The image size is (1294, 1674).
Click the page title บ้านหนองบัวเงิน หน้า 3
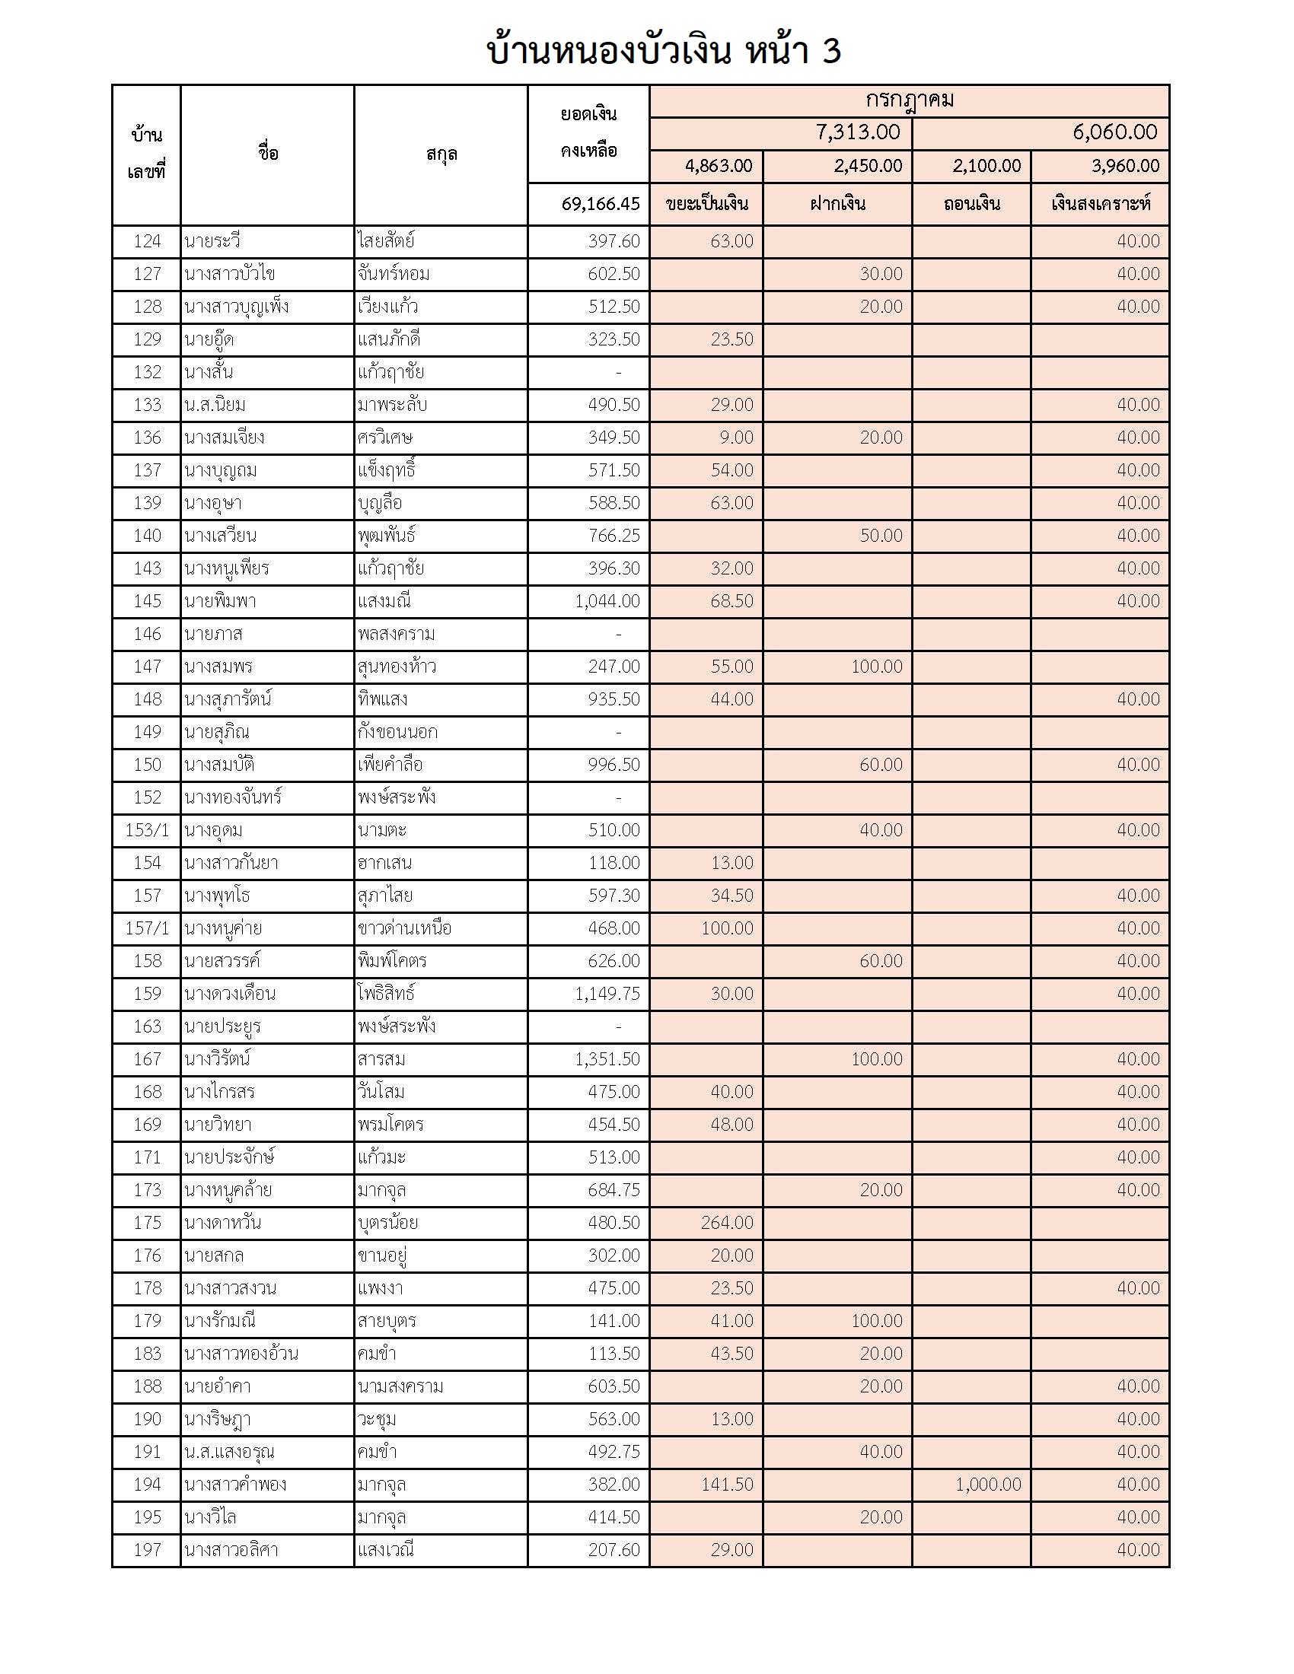(664, 51)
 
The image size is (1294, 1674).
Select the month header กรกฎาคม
(909, 100)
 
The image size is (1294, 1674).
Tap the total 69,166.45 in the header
(601, 204)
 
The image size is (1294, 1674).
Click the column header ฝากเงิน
(837, 204)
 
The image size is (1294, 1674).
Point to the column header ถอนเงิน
(971, 204)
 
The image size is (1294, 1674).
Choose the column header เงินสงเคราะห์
(1100, 204)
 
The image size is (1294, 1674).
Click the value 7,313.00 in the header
(858, 132)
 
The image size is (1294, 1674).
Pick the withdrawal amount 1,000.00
(988, 1485)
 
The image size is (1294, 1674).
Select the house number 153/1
(146, 830)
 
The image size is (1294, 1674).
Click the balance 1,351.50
(607, 1059)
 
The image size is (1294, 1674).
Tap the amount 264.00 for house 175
(727, 1223)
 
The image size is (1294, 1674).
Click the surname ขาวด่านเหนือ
(404, 928)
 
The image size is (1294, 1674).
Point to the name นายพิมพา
(220, 601)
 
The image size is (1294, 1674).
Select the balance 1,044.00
(607, 601)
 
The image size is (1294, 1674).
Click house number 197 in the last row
(147, 1550)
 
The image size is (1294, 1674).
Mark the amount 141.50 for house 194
(727, 1485)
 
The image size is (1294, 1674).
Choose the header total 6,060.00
(1114, 132)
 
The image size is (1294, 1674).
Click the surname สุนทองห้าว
(397, 667)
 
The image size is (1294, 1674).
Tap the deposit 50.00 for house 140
(881, 536)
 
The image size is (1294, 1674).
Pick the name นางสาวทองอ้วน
(241, 1354)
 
